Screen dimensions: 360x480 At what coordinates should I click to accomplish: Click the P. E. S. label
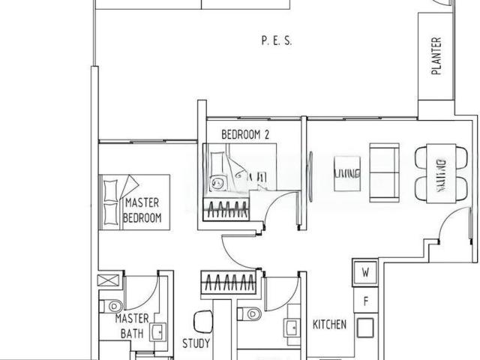click(x=276, y=42)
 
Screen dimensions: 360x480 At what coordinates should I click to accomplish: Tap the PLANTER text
click(x=436, y=58)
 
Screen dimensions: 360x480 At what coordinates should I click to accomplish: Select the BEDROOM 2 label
click(x=245, y=134)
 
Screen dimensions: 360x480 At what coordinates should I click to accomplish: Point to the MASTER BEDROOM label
click(x=142, y=210)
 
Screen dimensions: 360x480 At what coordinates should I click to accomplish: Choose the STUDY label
click(x=196, y=344)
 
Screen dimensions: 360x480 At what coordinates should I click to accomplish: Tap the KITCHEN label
click(x=329, y=325)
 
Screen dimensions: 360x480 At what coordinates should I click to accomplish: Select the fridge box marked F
click(x=366, y=301)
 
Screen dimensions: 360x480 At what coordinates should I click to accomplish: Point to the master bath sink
click(x=158, y=333)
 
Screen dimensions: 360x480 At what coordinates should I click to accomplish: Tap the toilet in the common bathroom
click(x=250, y=313)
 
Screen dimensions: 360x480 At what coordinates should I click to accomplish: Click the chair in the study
click(x=202, y=321)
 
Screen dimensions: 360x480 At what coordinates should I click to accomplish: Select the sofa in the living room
click(x=385, y=173)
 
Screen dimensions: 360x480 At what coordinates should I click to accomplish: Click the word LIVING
click(x=347, y=173)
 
